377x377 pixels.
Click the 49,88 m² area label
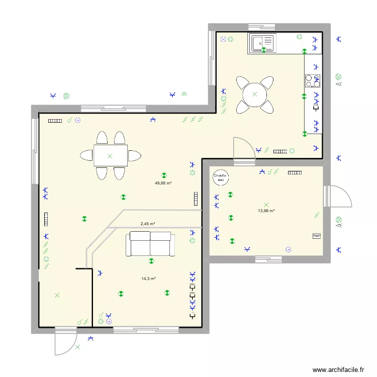163,183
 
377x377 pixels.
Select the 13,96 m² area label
266,211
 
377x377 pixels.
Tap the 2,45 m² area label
147,224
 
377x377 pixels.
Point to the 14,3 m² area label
148,278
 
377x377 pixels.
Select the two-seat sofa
150,243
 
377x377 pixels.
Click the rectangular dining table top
110,156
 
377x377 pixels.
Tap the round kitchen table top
255,94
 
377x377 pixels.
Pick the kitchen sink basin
262,43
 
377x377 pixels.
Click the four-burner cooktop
312,81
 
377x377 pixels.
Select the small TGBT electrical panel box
317,236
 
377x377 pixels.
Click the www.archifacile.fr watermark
338,369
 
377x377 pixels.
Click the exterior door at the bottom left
66,341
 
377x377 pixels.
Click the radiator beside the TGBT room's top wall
295,172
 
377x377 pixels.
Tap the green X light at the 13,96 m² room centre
266,205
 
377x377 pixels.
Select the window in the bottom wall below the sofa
146,330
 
